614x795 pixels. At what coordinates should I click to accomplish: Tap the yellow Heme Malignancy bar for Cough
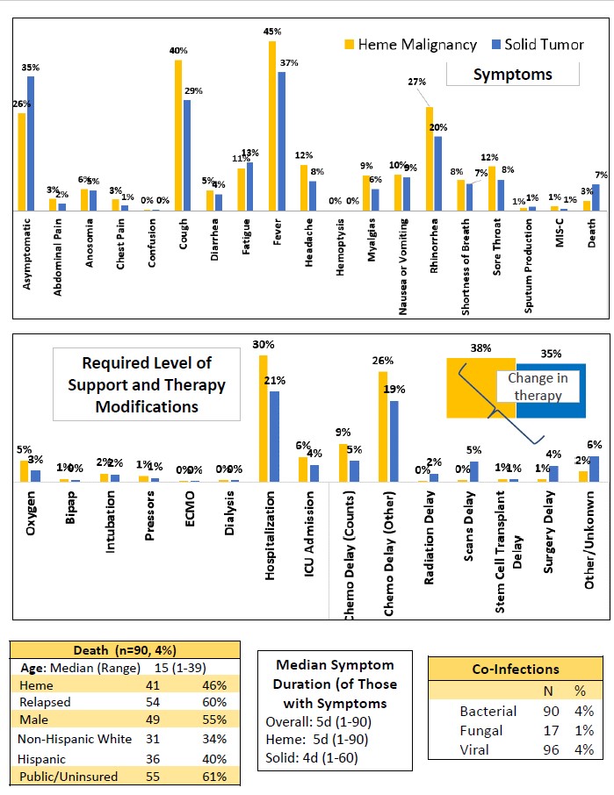[x=178, y=135]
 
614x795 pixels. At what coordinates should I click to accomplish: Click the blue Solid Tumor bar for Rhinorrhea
[x=437, y=173]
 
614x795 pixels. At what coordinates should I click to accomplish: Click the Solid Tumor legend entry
[x=537, y=44]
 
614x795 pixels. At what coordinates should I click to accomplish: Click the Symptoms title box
[x=513, y=74]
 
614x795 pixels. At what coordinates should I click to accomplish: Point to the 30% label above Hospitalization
[x=263, y=345]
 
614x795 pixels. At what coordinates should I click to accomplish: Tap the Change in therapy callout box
[x=538, y=387]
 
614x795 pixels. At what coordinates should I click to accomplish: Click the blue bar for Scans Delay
[x=474, y=470]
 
